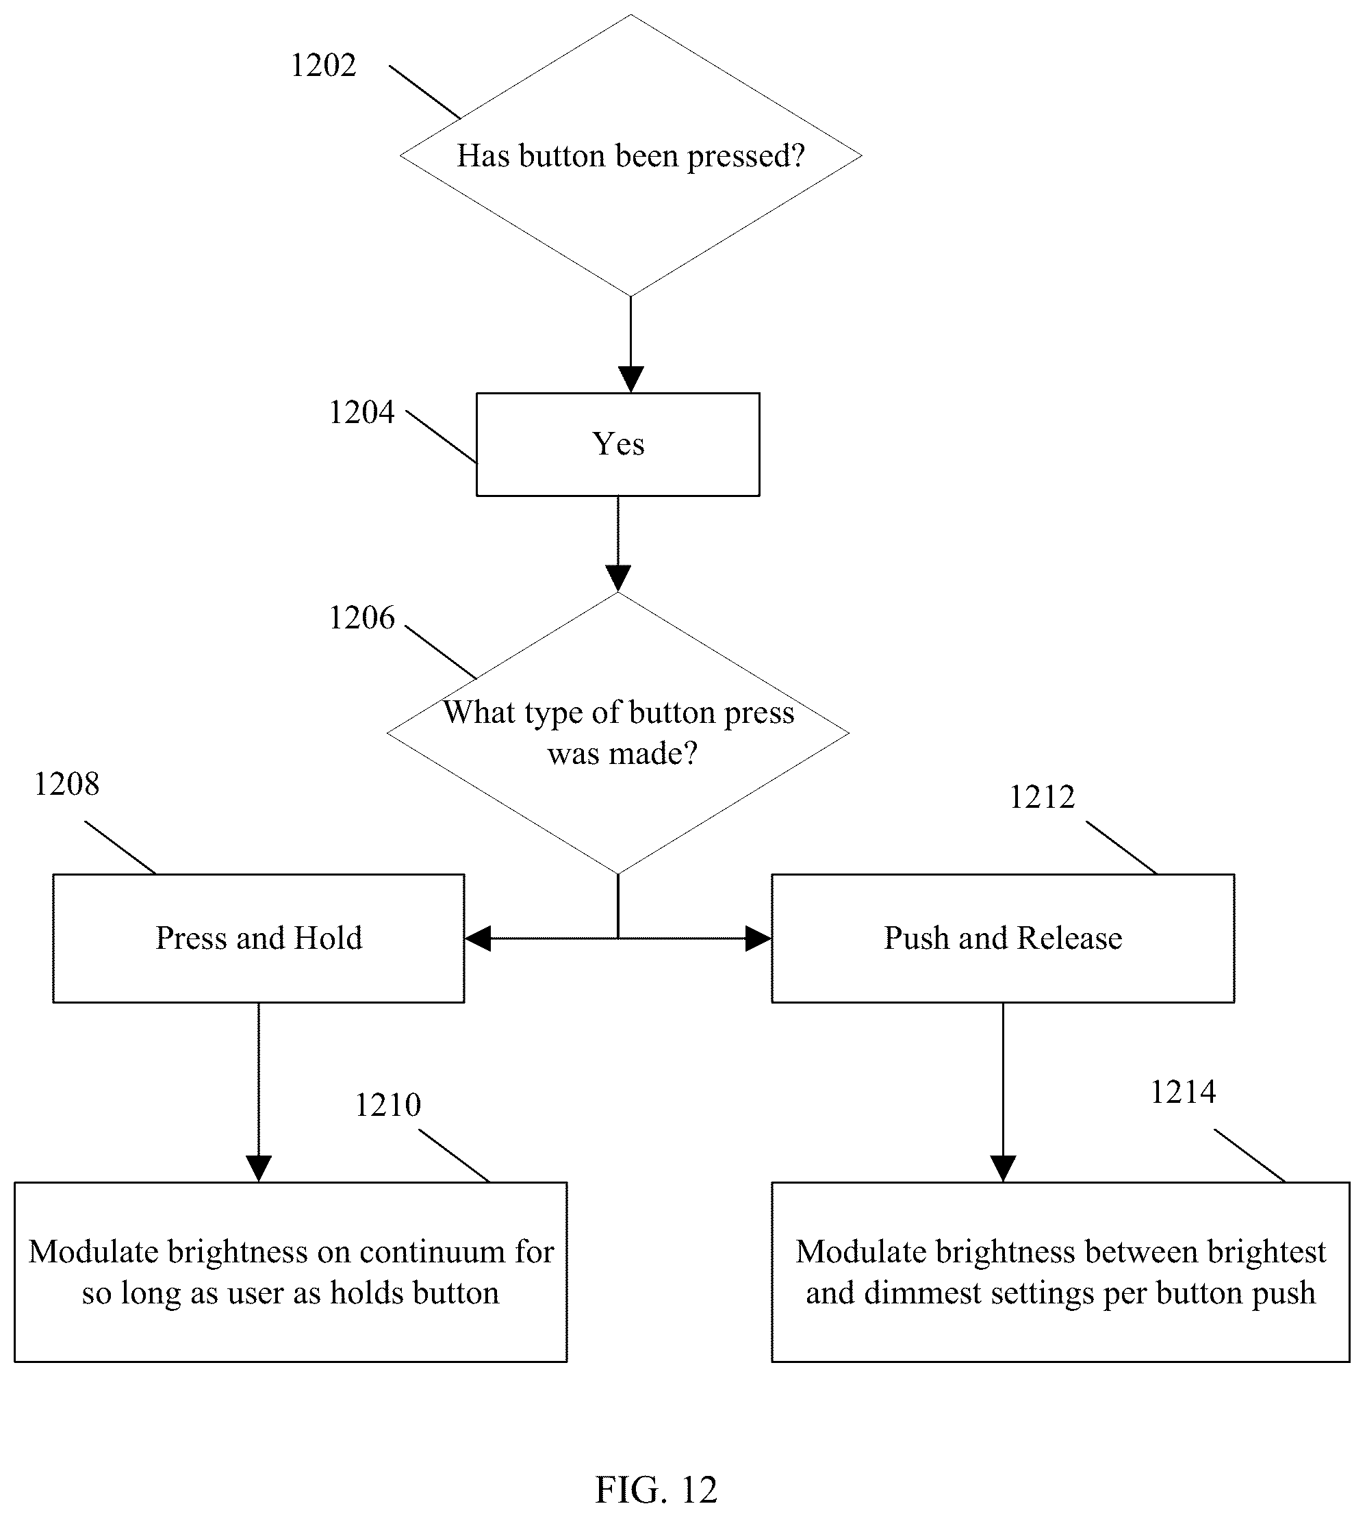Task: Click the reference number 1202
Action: click(x=323, y=66)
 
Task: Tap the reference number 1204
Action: click(x=361, y=412)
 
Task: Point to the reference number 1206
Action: click(x=361, y=618)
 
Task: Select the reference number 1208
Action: click(x=67, y=785)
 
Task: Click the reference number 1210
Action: click(x=387, y=1106)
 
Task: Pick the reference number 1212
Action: click(x=1042, y=797)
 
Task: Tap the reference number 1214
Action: click(x=1183, y=1093)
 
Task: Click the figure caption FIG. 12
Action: click(x=656, y=1489)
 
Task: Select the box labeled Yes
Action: click(x=618, y=445)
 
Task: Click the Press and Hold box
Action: click(x=259, y=938)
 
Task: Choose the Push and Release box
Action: click(x=1003, y=938)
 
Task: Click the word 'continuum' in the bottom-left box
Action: click(x=422, y=1252)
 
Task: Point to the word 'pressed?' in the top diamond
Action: click(x=745, y=157)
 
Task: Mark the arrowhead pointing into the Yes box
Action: click(x=630, y=379)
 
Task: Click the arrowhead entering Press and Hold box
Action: click(x=478, y=938)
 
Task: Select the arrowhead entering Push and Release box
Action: click(x=758, y=938)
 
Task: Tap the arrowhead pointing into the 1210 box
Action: click(x=259, y=1169)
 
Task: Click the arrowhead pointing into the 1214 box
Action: click(x=1003, y=1169)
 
